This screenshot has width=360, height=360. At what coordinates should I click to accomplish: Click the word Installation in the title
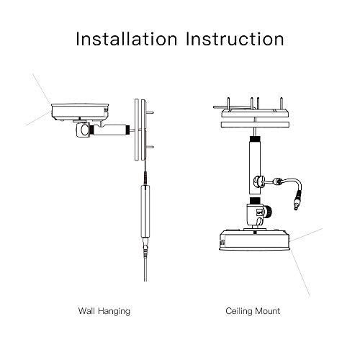coord(127,39)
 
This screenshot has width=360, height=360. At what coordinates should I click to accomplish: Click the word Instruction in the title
coord(235,39)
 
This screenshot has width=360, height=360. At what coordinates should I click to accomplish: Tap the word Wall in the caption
coord(86,311)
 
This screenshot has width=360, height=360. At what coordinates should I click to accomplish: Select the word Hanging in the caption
coord(114,312)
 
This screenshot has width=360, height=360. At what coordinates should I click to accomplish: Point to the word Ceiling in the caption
coord(238,312)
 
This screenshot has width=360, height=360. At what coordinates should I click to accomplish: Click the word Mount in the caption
coord(267,311)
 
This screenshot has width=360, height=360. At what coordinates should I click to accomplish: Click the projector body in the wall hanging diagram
coord(80,112)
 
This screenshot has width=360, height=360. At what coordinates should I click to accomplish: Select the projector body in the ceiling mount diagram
coord(255,240)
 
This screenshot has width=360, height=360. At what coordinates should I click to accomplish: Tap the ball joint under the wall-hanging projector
coord(83,130)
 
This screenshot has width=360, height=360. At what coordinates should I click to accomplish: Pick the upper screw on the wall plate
coord(150,112)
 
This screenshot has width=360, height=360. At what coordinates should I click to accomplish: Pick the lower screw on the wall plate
coord(150,147)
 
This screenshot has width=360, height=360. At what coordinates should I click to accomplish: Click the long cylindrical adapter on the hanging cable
coord(145,211)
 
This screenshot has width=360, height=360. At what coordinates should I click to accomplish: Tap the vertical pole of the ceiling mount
coord(255,166)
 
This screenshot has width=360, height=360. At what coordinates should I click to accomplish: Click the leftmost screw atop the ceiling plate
coord(229,104)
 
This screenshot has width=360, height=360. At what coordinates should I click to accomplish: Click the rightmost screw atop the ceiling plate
coord(282,104)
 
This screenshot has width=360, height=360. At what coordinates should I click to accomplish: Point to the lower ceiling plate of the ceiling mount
coord(255,125)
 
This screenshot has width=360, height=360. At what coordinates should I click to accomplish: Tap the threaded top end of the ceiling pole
coord(255,139)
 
